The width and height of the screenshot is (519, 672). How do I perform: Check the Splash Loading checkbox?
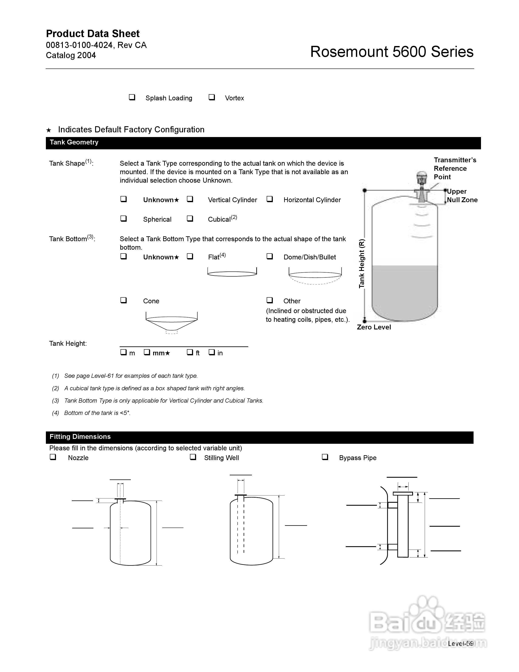point(132,97)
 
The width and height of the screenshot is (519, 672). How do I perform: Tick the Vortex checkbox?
point(212,97)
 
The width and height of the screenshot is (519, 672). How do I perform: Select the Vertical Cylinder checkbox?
point(190,199)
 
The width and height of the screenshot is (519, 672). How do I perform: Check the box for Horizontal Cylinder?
point(269,199)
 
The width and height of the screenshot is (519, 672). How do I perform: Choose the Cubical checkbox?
point(190,218)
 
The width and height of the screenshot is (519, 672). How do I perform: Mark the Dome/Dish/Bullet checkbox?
point(269,256)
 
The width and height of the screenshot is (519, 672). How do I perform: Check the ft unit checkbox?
point(190,352)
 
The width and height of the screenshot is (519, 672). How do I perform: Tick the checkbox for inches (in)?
point(212,352)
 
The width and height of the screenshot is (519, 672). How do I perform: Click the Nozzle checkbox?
point(53,457)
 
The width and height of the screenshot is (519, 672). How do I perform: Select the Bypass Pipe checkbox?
point(325,457)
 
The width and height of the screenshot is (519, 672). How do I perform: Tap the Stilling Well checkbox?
point(193,457)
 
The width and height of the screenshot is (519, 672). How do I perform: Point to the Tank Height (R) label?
point(362,263)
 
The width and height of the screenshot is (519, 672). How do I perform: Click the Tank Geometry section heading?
point(74,142)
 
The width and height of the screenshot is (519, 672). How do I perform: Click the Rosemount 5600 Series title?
point(392,52)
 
